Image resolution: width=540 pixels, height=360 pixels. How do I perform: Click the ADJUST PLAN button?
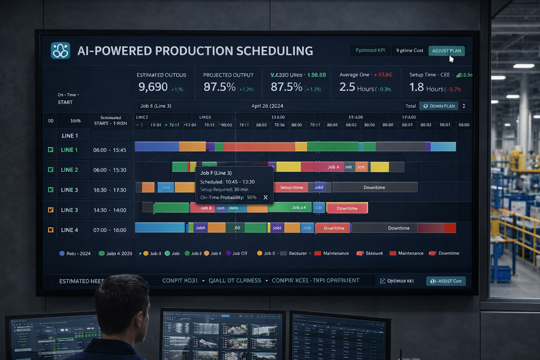(x=446, y=51)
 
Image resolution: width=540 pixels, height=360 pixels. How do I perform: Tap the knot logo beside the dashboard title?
(x=60, y=51)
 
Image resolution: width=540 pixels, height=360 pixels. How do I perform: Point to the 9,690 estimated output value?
(x=153, y=87)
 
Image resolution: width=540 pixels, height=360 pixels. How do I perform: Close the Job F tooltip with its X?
(x=265, y=198)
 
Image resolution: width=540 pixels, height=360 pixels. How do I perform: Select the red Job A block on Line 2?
(x=333, y=167)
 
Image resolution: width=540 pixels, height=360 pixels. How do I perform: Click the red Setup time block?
(x=291, y=187)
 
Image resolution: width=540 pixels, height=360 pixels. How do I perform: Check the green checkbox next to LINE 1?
(x=51, y=150)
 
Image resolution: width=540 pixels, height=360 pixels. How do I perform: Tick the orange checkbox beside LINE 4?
(x=51, y=230)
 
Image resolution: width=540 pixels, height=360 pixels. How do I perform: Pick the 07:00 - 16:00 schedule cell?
(x=110, y=230)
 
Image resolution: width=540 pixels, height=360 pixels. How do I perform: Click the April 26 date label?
(x=267, y=106)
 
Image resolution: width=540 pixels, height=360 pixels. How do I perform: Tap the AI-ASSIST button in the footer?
(x=446, y=281)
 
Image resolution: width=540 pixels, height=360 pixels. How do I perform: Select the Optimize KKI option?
(x=397, y=281)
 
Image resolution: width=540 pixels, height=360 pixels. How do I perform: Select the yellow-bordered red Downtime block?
(x=347, y=208)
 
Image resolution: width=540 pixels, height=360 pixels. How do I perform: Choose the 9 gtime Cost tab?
(x=410, y=51)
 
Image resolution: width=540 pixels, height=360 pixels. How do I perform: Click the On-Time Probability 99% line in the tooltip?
(x=229, y=198)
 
